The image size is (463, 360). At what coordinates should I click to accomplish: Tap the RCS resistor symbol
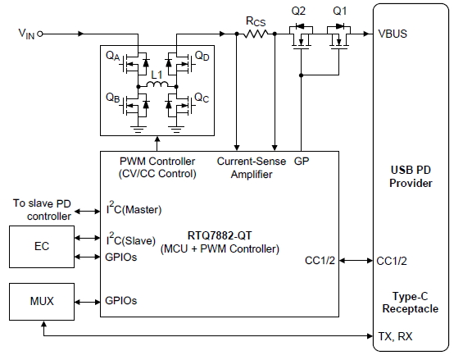point(260,34)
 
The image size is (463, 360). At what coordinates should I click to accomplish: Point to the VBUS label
point(394,34)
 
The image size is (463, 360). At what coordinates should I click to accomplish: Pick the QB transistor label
point(115,97)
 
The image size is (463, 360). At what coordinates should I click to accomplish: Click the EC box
point(41,246)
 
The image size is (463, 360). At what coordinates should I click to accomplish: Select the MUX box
point(41,302)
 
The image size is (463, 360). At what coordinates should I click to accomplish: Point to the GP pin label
point(302,162)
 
